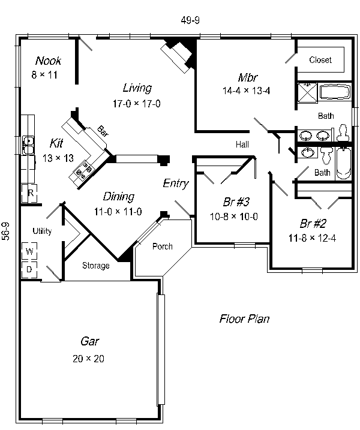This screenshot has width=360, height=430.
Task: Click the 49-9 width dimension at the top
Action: pyautogui.click(x=190, y=20)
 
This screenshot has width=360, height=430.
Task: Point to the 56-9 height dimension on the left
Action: pyautogui.click(x=6, y=231)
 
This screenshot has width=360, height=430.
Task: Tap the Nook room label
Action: pyautogui.click(x=48, y=61)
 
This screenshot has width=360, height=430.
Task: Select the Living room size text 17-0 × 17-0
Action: pyautogui.click(x=137, y=104)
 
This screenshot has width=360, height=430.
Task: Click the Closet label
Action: pyautogui.click(x=320, y=60)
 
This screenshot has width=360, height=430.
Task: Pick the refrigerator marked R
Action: pyautogui.click(x=29, y=193)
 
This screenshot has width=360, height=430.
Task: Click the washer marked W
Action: pyautogui.click(x=29, y=251)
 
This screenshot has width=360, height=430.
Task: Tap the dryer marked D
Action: pyautogui.click(x=29, y=269)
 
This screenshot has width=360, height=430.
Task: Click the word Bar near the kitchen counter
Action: pyautogui.click(x=103, y=131)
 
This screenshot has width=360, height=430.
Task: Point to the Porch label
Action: pyautogui.click(x=163, y=246)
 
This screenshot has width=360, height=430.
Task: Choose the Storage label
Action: pyautogui.click(x=96, y=266)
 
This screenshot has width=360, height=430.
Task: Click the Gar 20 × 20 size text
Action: pyautogui.click(x=88, y=359)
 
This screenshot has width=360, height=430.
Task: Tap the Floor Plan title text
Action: pyautogui.click(x=244, y=318)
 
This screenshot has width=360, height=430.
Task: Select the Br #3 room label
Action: pyautogui.click(x=236, y=202)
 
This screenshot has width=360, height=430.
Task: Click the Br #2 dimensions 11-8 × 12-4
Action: pyautogui.click(x=312, y=238)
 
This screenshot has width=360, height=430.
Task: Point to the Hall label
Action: pyautogui.click(x=242, y=145)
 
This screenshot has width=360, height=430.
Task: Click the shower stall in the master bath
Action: pyautogui.click(x=308, y=92)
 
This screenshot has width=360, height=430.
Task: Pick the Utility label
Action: pyautogui.click(x=42, y=231)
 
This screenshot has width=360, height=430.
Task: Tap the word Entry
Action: pyautogui.click(x=176, y=183)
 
